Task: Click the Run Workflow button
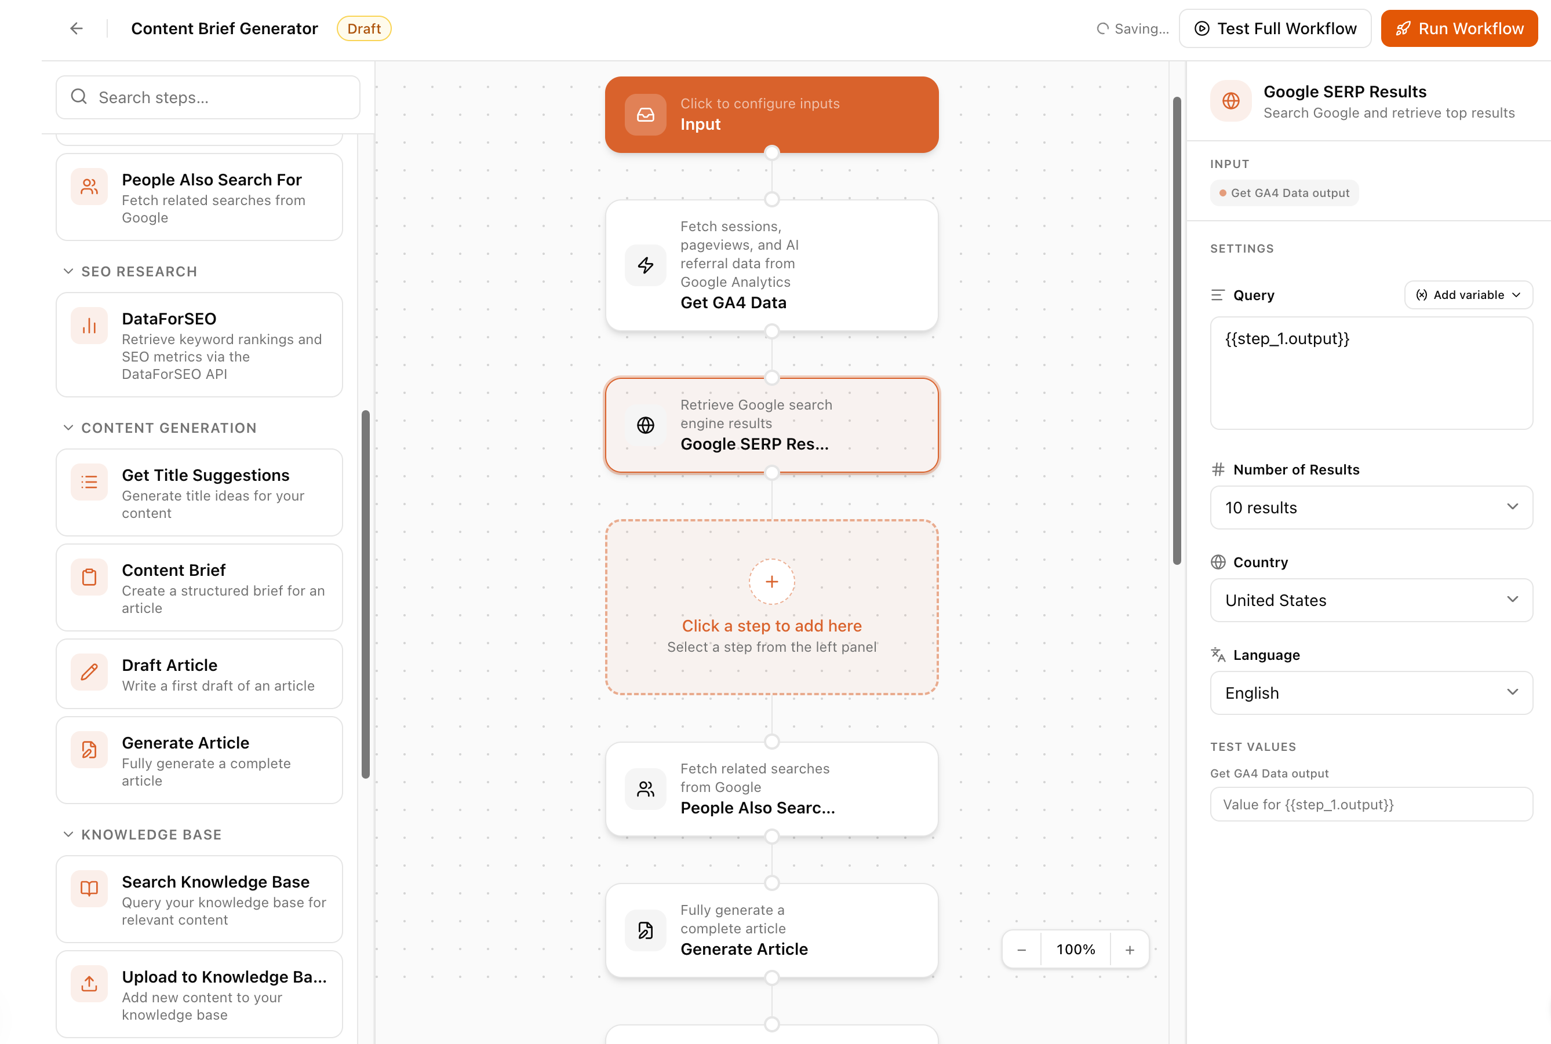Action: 1458,28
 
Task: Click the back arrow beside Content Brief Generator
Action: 77,28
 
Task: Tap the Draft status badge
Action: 363,28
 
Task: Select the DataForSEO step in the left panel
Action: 199,345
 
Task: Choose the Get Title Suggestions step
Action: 199,492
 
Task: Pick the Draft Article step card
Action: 199,674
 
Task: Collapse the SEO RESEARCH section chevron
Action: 68,272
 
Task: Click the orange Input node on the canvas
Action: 771,115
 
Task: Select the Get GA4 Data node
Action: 771,265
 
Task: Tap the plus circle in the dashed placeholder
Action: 771,581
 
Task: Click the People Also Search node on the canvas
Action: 771,789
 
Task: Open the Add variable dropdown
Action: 1468,295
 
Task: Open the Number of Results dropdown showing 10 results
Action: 1371,508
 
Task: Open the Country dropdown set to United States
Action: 1371,600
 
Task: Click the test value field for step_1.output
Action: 1371,804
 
